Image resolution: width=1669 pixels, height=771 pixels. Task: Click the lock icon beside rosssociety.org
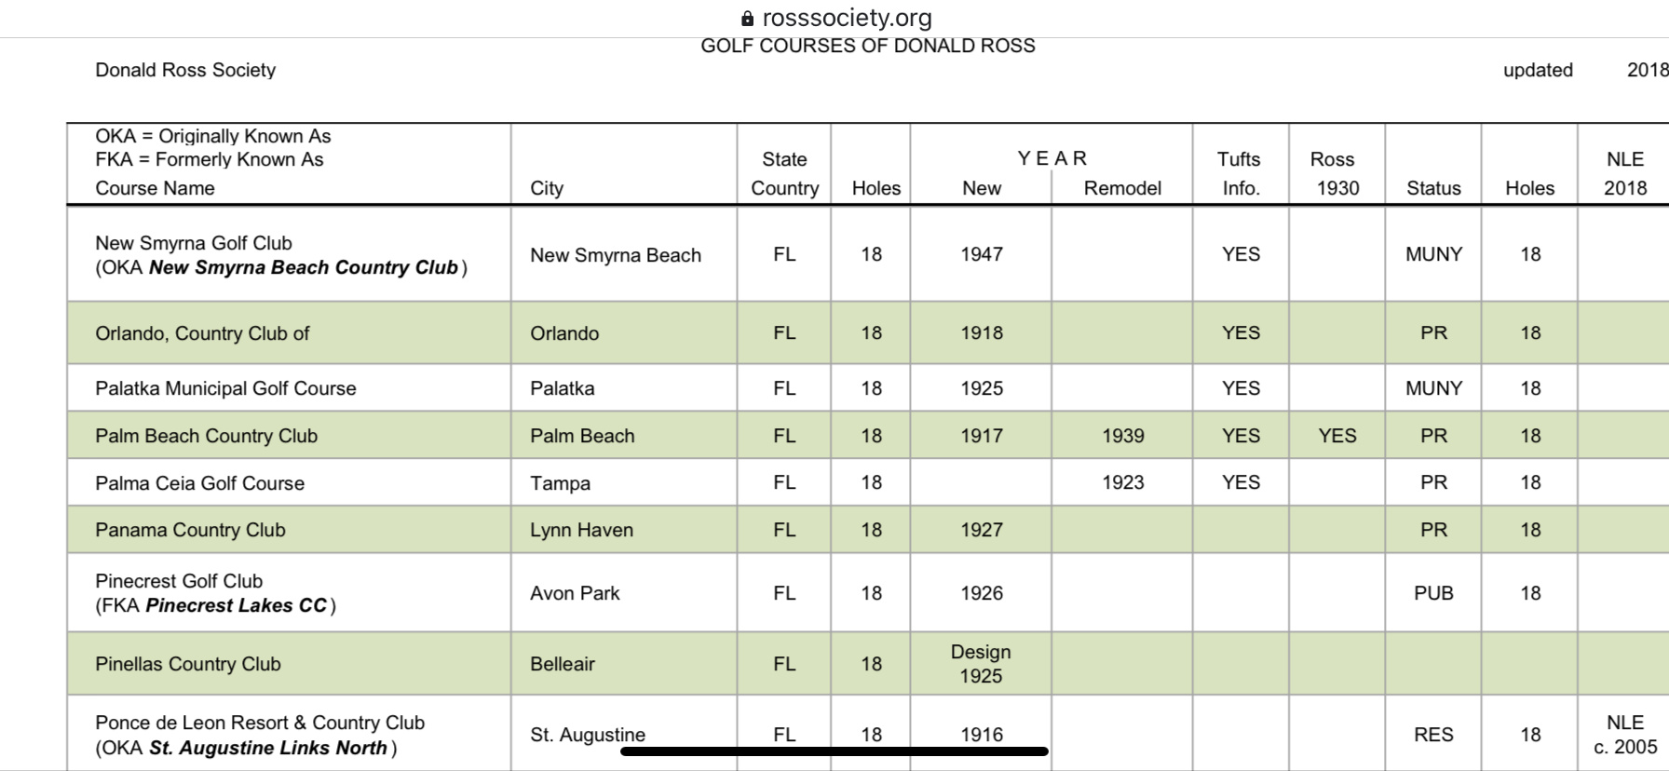point(747,19)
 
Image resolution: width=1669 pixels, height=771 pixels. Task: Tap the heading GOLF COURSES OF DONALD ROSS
point(867,46)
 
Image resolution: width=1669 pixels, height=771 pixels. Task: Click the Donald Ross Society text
point(185,70)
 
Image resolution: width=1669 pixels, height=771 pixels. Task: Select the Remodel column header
point(1122,188)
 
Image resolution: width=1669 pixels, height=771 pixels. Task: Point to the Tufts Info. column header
point(1240,173)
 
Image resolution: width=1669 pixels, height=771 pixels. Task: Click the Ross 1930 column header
point(1337,173)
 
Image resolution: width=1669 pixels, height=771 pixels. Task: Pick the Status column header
point(1433,188)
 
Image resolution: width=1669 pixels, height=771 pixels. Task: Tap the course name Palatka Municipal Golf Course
point(225,388)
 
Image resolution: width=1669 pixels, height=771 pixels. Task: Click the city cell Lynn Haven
point(581,530)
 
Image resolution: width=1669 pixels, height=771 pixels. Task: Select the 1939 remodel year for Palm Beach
point(1122,436)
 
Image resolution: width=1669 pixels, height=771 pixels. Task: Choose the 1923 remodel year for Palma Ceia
point(1122,482)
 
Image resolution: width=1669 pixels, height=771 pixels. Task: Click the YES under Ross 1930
point(1337,436)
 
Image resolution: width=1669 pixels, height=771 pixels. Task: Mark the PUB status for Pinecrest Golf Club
point(1433,593)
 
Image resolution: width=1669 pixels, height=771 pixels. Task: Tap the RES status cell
point(1433,735)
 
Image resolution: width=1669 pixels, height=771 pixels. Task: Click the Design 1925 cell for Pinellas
point(981,664)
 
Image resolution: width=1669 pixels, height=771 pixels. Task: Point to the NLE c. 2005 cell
point(1625,735)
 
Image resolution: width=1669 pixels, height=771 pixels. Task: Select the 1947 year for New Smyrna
point(982,254)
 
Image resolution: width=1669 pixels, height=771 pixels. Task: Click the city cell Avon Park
point(575,593)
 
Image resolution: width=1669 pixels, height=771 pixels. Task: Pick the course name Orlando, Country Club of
point(202,333)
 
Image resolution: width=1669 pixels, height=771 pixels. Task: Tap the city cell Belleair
point(563,664)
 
